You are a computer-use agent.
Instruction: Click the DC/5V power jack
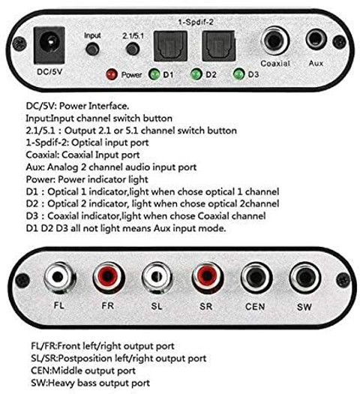(x=49, y=46)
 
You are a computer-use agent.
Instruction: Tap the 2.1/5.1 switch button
(x=133, y=49)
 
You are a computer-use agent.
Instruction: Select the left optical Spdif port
(x=171, y=46)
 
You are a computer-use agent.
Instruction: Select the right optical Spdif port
(x=219, y=46)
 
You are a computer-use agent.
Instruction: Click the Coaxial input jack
(x=275, y=41)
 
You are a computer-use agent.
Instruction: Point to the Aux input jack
(x=316, y=40)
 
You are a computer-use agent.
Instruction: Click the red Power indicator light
(x=112, y=74)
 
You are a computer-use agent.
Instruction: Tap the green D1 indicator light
(x=154, y=74)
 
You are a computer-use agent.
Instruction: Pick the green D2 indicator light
(x=196, y=74)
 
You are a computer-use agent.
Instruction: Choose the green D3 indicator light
(x=238, y=74)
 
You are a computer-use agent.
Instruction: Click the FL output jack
(x=59, y=278)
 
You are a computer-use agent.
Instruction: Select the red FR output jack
(x=109, y=278)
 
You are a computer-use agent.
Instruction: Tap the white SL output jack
(x=157, y=278)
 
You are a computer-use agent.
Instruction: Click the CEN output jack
(x=256, y=278)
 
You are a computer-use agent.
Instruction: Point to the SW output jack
(x=305, y=278)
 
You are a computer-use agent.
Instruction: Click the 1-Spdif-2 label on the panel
(x=196, y=22)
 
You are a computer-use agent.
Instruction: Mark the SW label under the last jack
(x=304, y=307)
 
